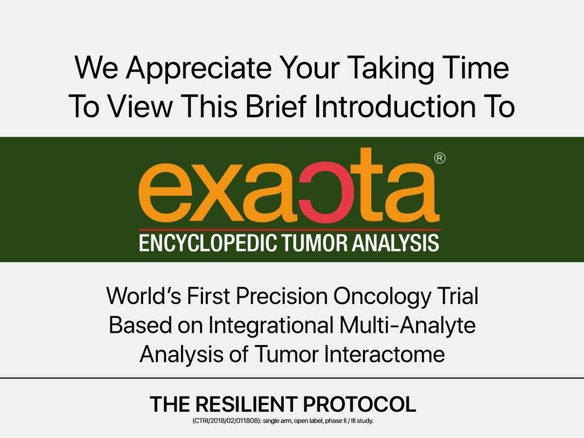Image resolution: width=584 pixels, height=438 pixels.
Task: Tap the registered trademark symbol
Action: pyautogui.click(x=439, y=159)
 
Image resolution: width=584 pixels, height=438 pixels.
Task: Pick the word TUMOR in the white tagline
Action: pyautogui.click(x=315, y=242)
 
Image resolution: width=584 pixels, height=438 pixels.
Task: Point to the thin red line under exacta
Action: pyautogui.click(x=290, y=230)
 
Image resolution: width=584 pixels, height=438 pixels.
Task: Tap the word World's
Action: pyautogui.click(x=144, y=296)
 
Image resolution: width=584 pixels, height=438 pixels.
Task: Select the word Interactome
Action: pyautogui.click(x=384, y=354)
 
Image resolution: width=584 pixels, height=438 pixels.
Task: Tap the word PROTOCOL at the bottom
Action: pyautogui.click(x=360, y=404)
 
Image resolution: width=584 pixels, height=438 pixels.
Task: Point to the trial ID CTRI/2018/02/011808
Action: pyautogui.click(x=226, y=421)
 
